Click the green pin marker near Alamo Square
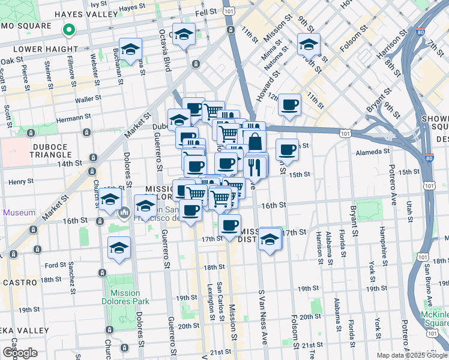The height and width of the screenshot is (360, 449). (x=70, y=29)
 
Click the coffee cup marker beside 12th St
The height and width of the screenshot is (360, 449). (x=290, y=105)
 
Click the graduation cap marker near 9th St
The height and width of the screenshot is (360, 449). (x=309, y=44)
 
